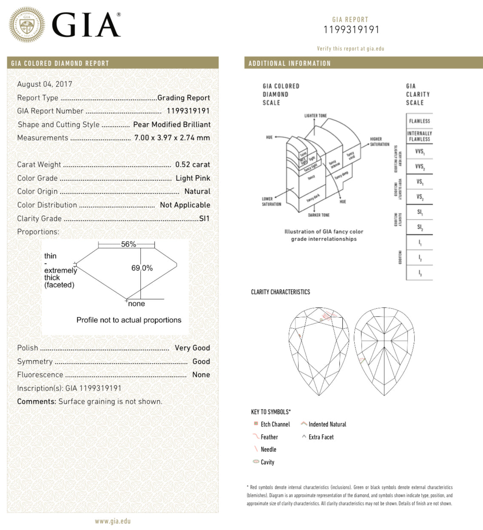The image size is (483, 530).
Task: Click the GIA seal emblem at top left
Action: [x=27, y=25]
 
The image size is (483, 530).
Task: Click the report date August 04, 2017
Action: [x=45, y=84]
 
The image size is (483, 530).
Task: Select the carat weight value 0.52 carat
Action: [x=193, y=165]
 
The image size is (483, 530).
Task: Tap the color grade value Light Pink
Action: [x=193, y=178]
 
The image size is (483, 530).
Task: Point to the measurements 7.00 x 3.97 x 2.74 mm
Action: [x=172, y=138]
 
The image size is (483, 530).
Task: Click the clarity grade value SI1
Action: [x=205, y=219]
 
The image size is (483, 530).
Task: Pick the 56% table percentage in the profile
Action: [x=128, y=244]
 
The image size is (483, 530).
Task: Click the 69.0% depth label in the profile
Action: [x=142, y=268]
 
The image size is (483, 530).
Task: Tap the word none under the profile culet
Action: [x=136, y=304]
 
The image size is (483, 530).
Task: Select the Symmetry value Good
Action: [x=201, y=362]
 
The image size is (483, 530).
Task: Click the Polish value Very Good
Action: [x=192, y=348]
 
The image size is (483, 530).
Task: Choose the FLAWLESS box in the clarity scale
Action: [x=419, y=121]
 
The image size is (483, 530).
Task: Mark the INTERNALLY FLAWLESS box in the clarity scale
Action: [x=419, y=136]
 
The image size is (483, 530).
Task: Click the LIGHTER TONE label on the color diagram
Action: [x=315, y=116]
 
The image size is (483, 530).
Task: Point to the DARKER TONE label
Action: [x=319, y=215]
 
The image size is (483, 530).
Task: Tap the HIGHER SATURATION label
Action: [x=379, y=142]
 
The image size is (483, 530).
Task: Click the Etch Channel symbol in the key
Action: [x=256, y=424]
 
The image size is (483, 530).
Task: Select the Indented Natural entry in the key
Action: [x=327, y=425]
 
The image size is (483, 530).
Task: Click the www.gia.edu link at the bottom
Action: [x=113, y=521]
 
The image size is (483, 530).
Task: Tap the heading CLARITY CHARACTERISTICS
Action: [x=281, y=292]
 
